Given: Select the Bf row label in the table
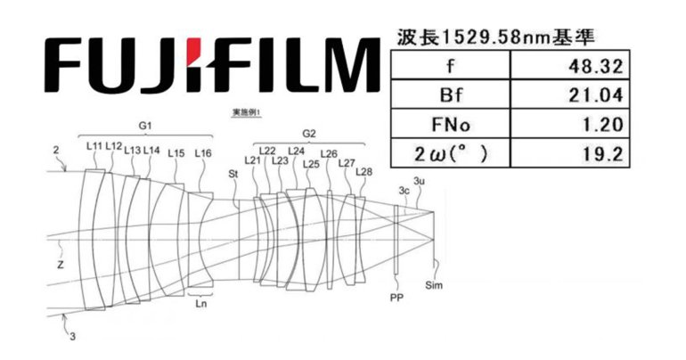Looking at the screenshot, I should point(452,94).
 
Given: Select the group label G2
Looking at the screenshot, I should point(309,134).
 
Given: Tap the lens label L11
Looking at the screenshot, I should point(94,145).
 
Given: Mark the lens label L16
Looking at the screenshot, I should point(203,152).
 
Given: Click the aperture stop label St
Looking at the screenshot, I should point(233,173).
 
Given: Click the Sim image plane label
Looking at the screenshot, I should point(435,285).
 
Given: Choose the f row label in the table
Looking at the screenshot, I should point(452,67).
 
